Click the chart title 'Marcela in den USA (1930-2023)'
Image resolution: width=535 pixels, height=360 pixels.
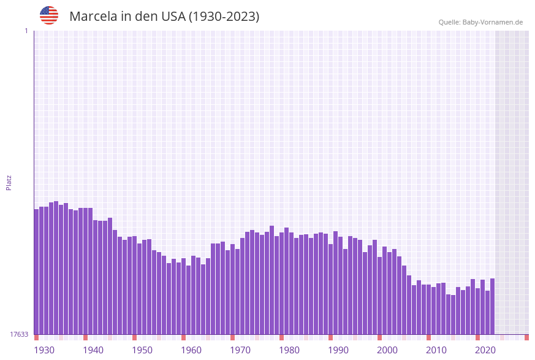[164, 17]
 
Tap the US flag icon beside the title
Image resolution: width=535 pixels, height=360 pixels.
[49, 15]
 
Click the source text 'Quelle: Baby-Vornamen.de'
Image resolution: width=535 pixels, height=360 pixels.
[480, 22]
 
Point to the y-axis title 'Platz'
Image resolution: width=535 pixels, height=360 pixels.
[9, 182]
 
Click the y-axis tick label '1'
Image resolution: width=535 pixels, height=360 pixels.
[26, 31]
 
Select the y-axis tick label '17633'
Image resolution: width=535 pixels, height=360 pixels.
[19, 334]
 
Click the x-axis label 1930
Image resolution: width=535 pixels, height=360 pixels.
[44, 350]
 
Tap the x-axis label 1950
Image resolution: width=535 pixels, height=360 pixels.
[142, 350]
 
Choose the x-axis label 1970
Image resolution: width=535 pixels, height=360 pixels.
[240, 350]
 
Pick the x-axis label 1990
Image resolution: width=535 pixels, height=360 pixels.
[338, 350]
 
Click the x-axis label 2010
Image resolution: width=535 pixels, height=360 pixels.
[436, 350]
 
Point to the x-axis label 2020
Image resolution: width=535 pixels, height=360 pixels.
[485, 350]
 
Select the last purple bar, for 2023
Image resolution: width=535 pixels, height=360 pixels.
[492, 306]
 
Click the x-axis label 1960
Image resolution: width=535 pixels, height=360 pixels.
[191, 350]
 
